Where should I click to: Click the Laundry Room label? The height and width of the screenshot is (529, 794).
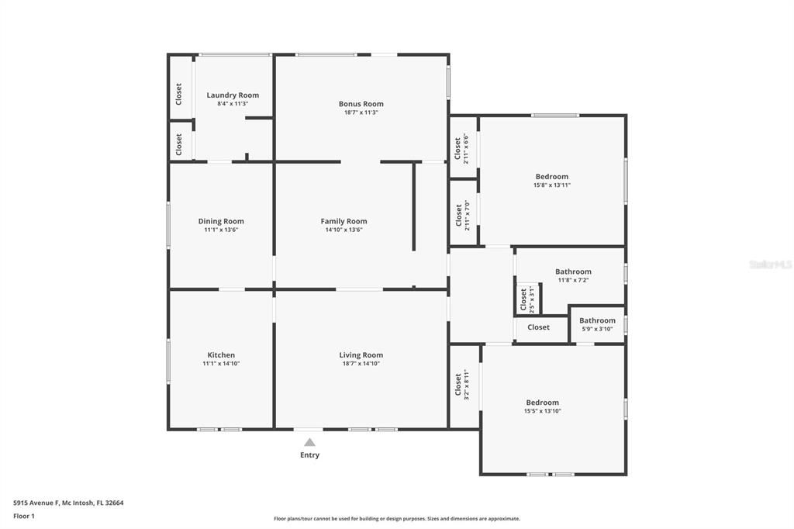[233, 95]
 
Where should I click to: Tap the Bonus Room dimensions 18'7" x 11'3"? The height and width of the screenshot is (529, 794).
[361, 112]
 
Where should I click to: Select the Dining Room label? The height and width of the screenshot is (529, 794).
[221, 221]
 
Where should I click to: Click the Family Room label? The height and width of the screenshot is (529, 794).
[343, 221]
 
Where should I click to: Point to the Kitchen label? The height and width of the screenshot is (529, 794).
[221, 355]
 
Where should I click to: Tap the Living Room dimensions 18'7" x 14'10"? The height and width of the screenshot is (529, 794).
[361, 364]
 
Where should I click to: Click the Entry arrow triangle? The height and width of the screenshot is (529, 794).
[309, 442]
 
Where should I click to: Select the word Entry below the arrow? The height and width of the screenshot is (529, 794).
[309, 455]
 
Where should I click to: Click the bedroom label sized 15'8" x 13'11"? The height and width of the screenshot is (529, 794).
[551, 177]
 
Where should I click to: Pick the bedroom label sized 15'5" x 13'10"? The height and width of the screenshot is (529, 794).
[542, 403]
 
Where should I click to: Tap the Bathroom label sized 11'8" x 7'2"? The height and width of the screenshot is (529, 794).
[573, 271]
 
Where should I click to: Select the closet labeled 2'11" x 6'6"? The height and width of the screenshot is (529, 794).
[461, 149]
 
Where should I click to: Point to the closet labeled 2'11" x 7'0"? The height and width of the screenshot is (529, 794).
[461, 216]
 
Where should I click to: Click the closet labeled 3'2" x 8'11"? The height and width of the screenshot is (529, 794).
[461, 386]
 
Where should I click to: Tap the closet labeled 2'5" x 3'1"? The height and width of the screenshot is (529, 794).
[526, 299]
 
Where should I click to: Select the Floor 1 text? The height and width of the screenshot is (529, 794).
[24, 516]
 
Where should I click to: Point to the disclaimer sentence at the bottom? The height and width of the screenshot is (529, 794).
[396, 519]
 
